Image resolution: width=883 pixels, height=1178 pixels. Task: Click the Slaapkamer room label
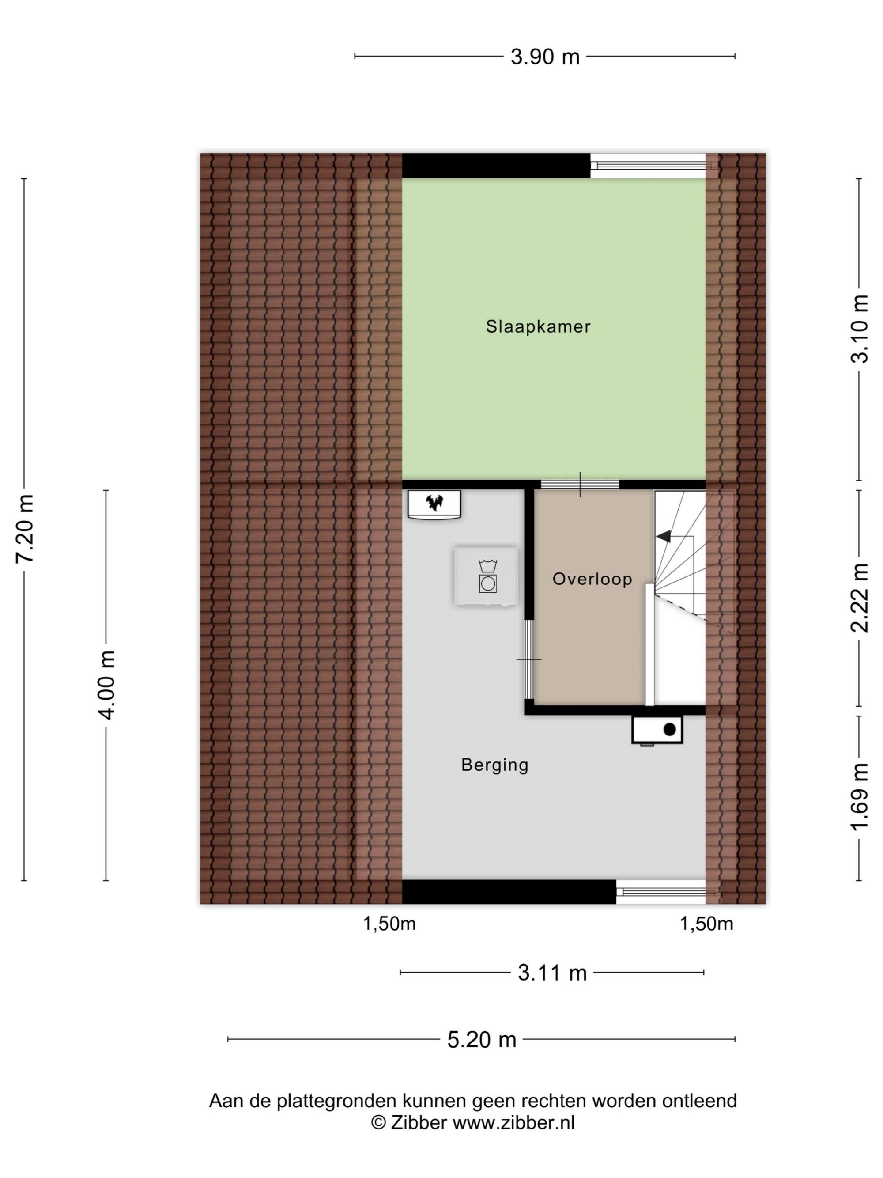tap(538, 326)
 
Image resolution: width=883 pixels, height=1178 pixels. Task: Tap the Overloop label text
tap(592, 579)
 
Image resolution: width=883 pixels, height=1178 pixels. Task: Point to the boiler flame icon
tap(434, 502)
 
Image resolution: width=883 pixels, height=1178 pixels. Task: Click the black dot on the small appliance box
tap(670, 729)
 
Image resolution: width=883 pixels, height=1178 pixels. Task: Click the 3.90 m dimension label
tap(544, 57)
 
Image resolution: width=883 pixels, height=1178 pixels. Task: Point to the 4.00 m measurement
tap(107, 685)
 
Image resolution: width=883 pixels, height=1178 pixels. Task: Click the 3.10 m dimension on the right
tap(859, 329)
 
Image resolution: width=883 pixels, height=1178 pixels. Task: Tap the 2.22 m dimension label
tap(859, 598)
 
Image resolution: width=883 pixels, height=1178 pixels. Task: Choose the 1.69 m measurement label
tap(859, 797)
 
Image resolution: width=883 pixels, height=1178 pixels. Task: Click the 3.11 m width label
tap(552, 973)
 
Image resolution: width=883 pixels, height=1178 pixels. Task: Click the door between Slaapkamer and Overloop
tap(580, 485)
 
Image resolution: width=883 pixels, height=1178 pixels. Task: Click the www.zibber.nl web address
tap(513, 1123)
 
